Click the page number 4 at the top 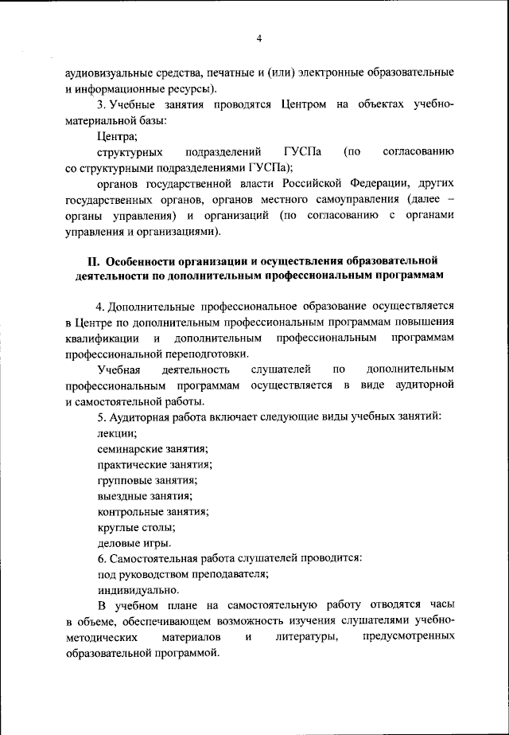[259, 39]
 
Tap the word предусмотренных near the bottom [408, 637]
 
